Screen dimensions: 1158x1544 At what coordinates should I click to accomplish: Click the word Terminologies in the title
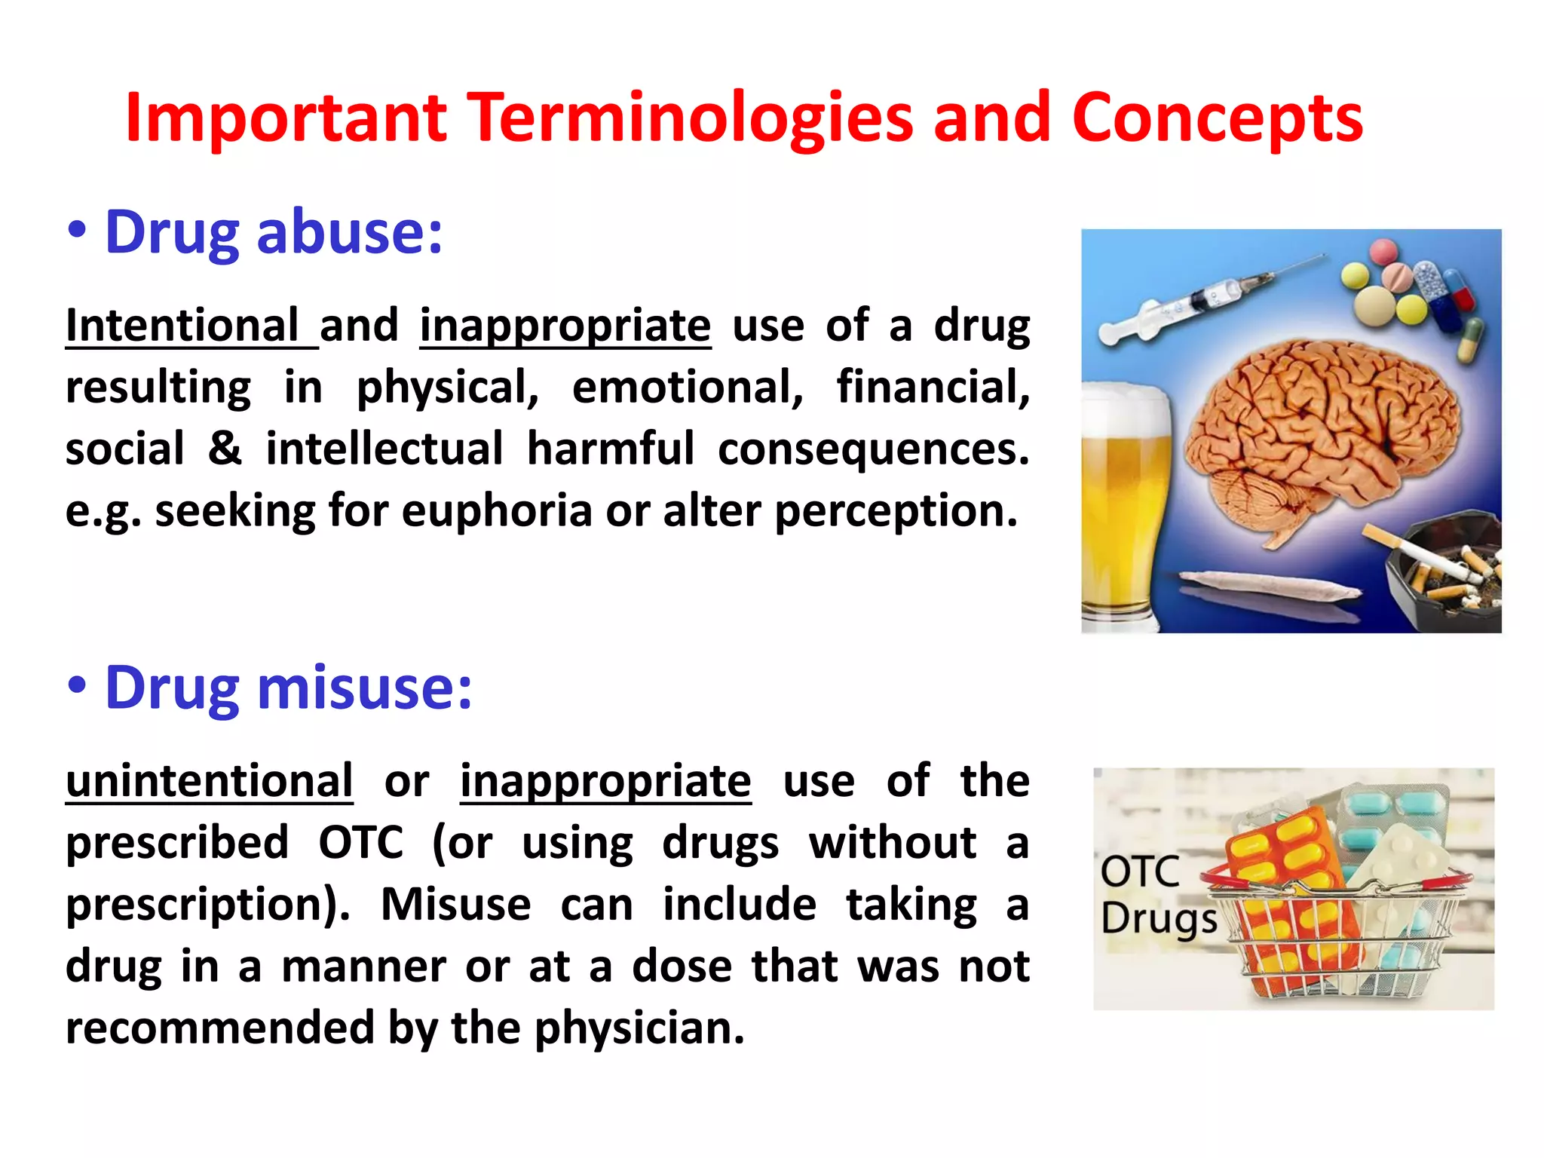[x=693, y=119]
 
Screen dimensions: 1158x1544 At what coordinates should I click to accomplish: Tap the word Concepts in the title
[x=1217, y=119]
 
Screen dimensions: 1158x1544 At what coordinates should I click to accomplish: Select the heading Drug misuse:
[x=288, y=688]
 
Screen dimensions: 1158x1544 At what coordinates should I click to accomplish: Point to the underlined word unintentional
[x=209, y=781]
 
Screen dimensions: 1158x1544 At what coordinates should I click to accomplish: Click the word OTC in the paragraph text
[x=360, y=843]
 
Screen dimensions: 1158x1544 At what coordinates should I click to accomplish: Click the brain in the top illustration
[x=1319, y=437]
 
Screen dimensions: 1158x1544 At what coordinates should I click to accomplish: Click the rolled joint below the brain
[x=1267, y=584]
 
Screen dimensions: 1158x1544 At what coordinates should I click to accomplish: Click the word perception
[x=896, y=511]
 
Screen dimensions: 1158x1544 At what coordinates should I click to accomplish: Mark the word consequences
[x=873, y=449]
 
